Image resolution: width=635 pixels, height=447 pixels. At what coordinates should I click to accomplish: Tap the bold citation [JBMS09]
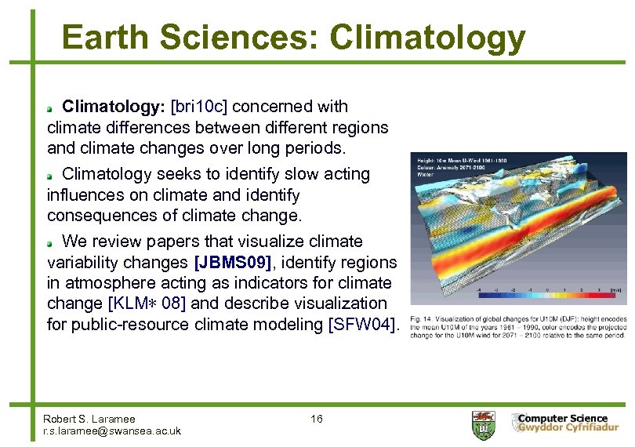click(x=234, y=262)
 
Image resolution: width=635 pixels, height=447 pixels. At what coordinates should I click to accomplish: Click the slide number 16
click(x=317, y=419)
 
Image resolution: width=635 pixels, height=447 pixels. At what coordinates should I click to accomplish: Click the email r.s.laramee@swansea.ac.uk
click(x=112, y=431)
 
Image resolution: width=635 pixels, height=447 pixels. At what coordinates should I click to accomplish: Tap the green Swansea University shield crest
click(x=481, y=425)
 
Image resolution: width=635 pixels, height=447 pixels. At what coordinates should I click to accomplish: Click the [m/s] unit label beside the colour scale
click(x=617, y=289)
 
